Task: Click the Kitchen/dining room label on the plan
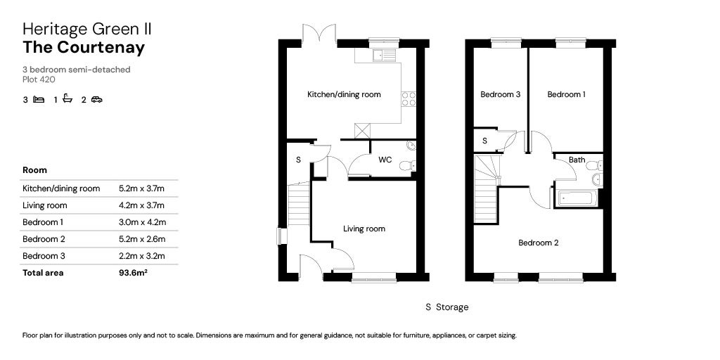click(x=344, y=94)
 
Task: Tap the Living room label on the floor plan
click(x=364, y=229)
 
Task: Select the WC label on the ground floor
click(x=385, y=160)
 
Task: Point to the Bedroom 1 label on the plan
click(x=566, y=94)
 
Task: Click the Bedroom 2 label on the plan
click(x=538, y=243)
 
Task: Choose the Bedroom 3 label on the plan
click(x=500, y=94)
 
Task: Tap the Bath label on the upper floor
click(x=577, y=160)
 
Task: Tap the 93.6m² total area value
click(x=133, y=273)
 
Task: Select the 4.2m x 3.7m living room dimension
click(x=141, y=205)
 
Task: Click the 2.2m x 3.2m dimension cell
click(x=141, y=256)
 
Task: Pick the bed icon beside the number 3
click(x=39, y=100)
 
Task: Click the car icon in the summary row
click(x=96, y=100)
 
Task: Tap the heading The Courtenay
click(x=84, y=48)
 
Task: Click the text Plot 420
click(x=39, y=79)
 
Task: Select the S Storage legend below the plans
click(x=446, y=307)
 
